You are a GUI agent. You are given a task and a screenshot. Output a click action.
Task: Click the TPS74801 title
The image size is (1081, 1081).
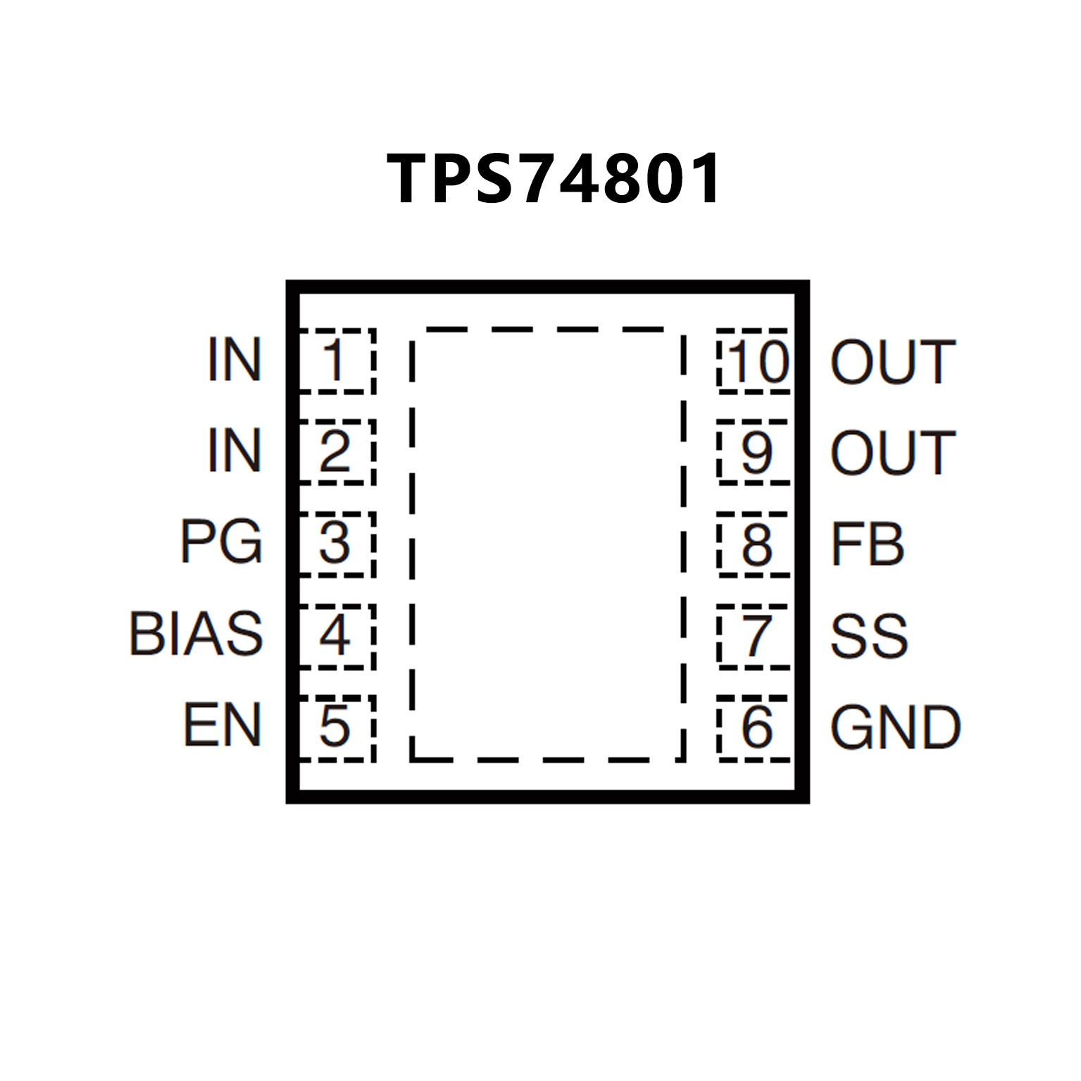[x=554, y=179]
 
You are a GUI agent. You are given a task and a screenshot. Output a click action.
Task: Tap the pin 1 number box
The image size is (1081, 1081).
[x=335, y=361]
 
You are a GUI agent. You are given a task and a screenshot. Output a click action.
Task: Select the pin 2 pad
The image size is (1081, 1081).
[x=335, y=452]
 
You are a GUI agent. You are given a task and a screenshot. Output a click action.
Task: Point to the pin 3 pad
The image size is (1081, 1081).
[x=335, y=544]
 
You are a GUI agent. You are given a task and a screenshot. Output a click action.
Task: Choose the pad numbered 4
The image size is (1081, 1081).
[x=335, y=636]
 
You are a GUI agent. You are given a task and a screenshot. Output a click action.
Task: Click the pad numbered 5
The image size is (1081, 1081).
[x=335, y=727]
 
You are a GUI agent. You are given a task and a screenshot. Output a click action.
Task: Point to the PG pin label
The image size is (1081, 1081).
[x=221, y=542]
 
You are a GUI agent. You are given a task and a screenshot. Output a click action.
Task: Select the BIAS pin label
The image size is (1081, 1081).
[x=196, y=634]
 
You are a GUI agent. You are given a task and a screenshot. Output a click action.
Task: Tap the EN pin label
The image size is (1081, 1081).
[x=223, y=725]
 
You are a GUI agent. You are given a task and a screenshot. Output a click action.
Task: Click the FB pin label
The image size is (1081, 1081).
[x=867, y=544]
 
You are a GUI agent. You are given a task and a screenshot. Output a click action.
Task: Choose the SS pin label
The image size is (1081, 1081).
[x=869, y=636]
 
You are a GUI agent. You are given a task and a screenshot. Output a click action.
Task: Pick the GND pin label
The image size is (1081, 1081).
[x=895, y=727]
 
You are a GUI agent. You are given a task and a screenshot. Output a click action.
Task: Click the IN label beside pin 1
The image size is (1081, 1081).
[x=235, y=361]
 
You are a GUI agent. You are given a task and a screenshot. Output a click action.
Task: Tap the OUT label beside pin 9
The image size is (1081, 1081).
[x=893, y=452]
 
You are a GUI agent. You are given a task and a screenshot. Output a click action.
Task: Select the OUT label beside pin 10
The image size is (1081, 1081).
[x=893, y=362]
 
